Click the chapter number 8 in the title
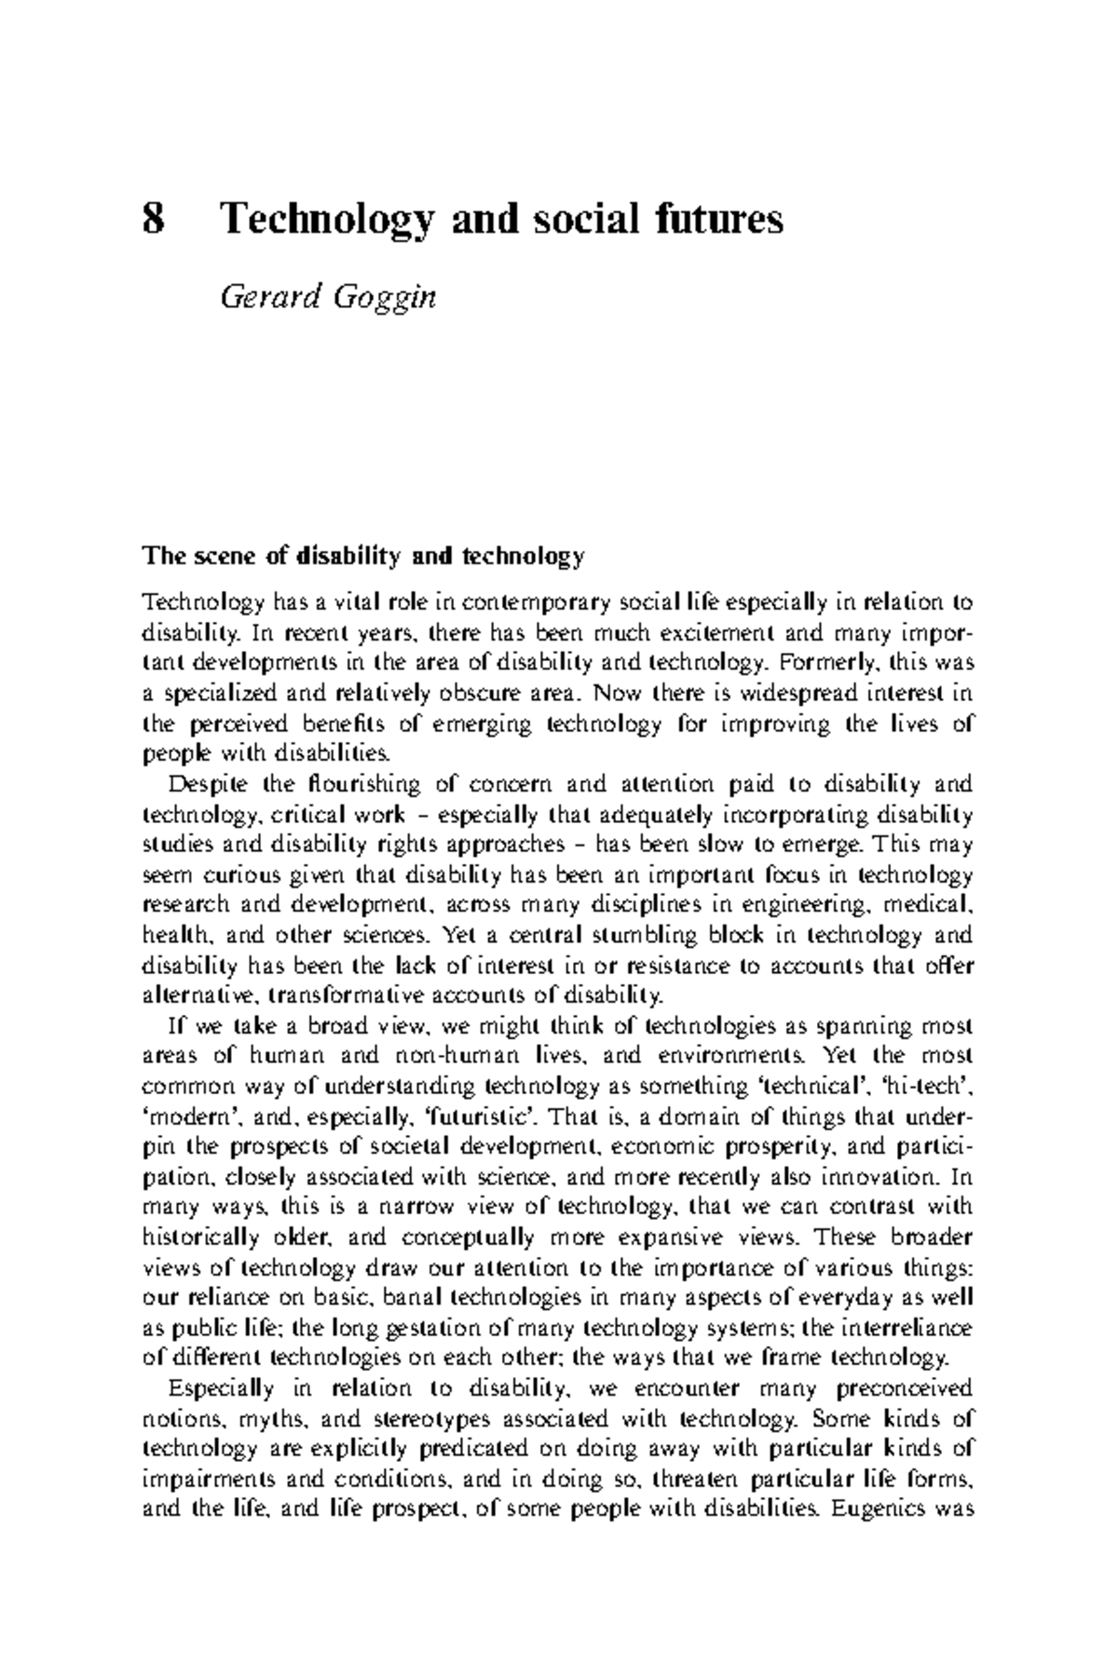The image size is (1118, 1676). pos(153,221)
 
